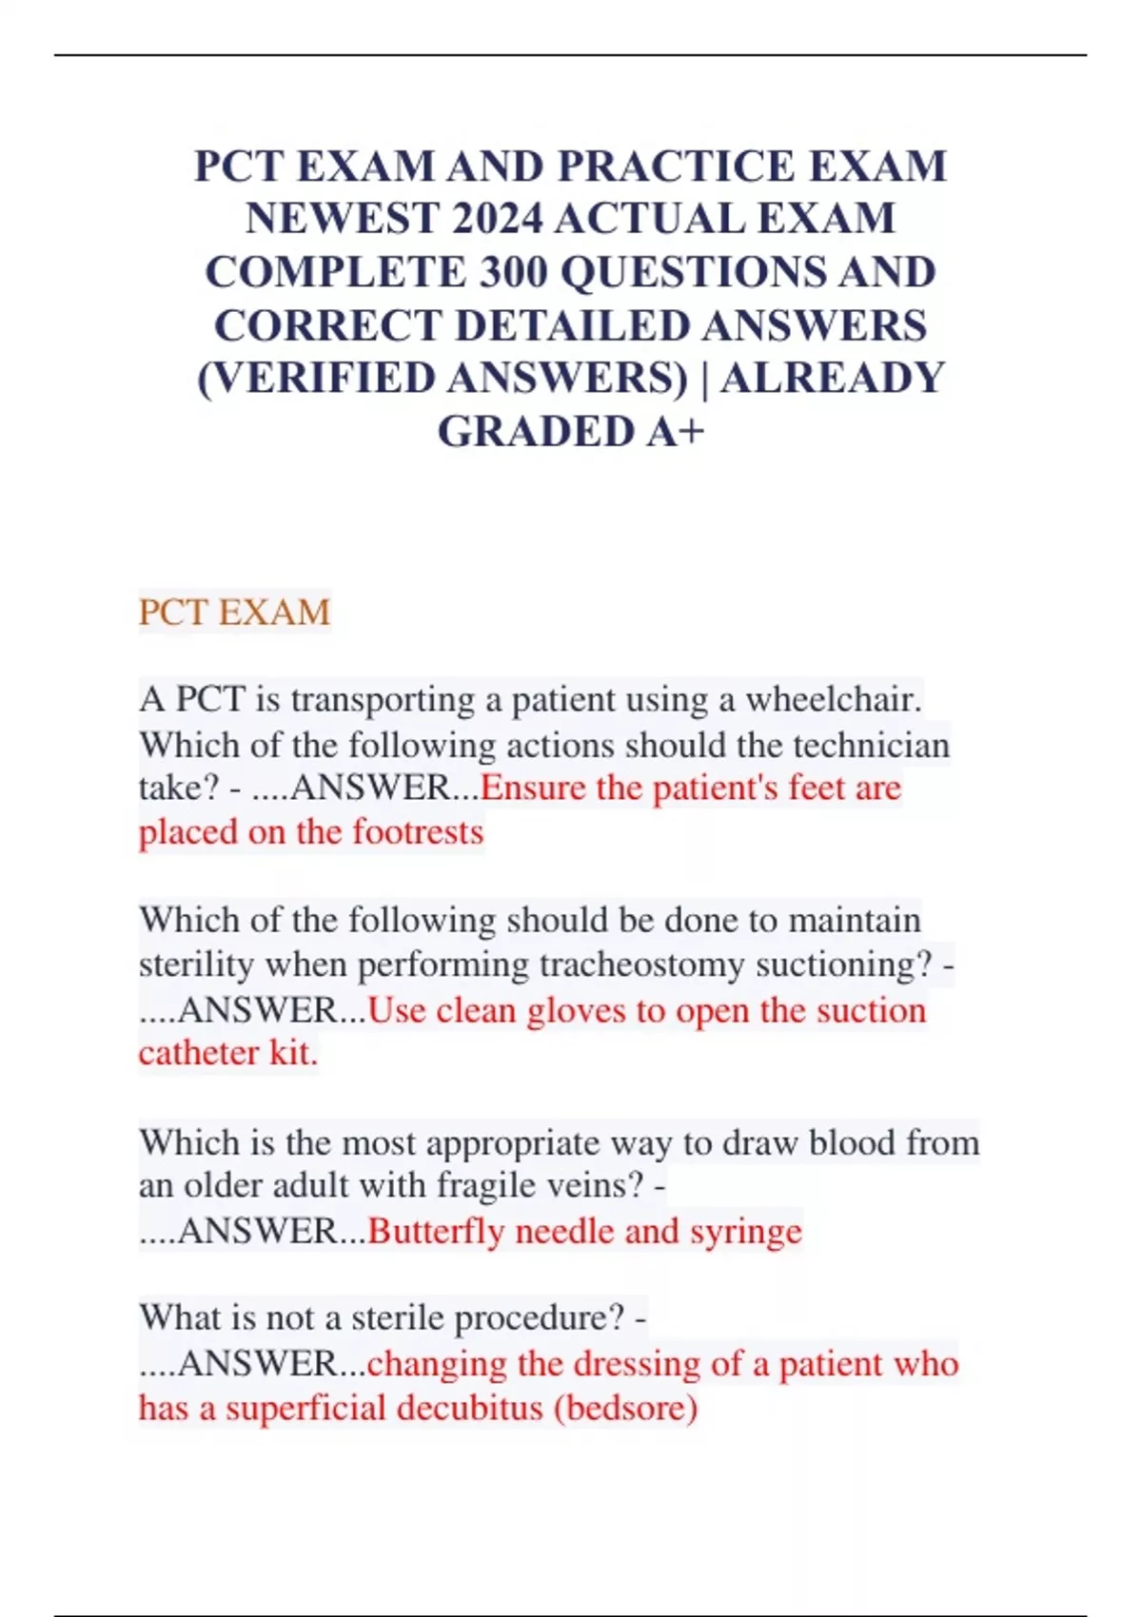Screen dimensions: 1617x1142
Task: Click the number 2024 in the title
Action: [498, 219]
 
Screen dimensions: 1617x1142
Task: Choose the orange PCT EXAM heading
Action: [234, 612]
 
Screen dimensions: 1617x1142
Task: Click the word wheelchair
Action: [834, 700]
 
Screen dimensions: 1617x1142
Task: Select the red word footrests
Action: [418, 832]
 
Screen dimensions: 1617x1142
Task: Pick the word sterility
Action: [197, 964]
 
